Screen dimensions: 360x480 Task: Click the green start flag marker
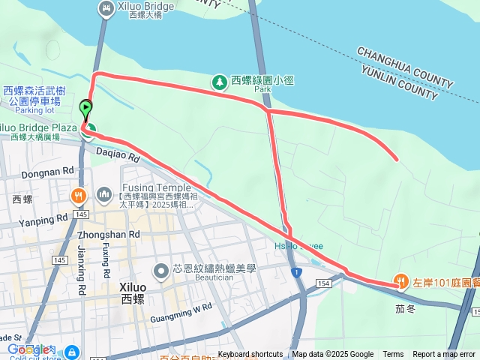pyautogui.click(x=85, y=109)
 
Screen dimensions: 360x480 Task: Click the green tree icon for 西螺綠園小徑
pyautogui.click(x=220, y=80)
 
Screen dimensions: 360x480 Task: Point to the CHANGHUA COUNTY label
pyautogui.click(x=405, y=67)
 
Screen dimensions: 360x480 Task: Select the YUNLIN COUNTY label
pyautogui.click(x=398, y=82)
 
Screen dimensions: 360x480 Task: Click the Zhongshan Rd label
pyautogui.click(x=109, y=234)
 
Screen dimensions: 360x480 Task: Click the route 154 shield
pyautogui.click(x=322, y=284)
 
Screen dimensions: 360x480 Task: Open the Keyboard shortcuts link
pyautogui.click(x=250, y=355)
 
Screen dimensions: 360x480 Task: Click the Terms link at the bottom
pyautogui.click(x=393, y=355)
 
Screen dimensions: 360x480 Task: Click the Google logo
pyautogui.click(x=28, y=349)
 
